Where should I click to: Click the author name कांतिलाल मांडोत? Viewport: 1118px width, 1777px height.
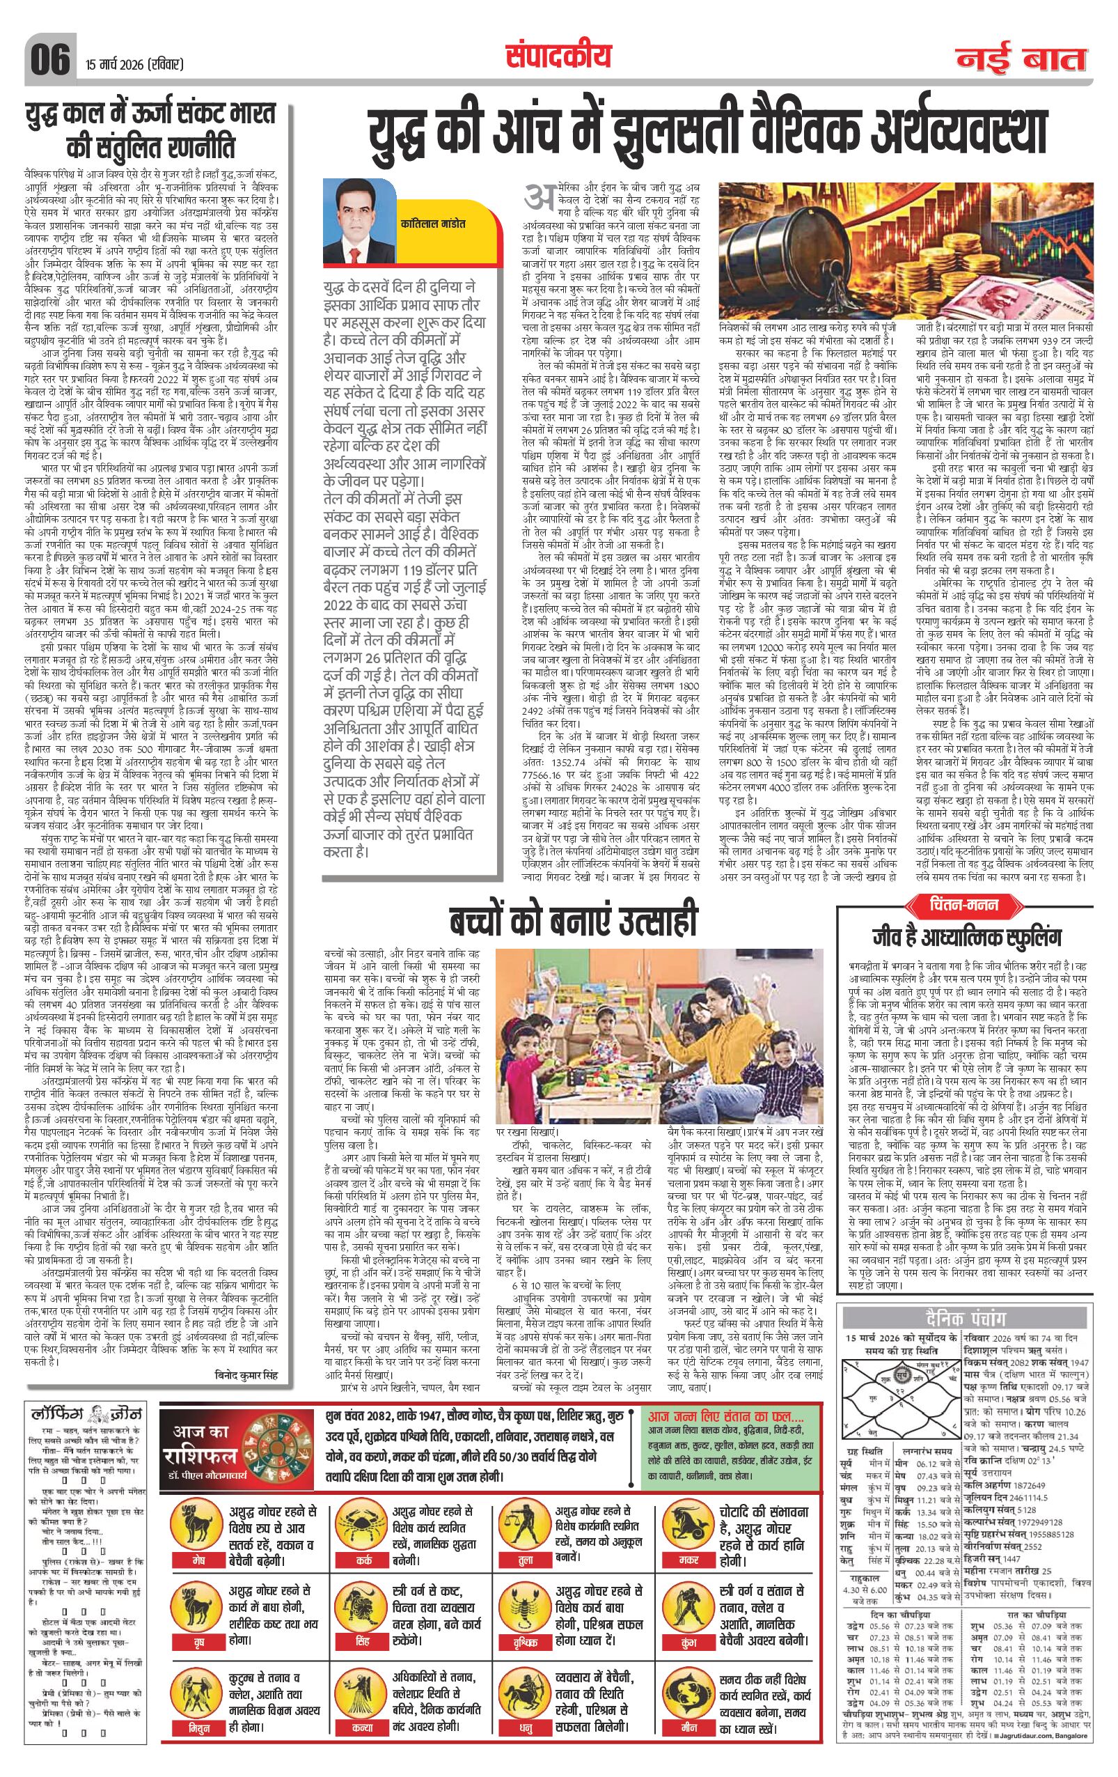coord(434,223)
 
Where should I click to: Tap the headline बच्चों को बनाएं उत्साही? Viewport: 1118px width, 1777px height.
coord(573,923)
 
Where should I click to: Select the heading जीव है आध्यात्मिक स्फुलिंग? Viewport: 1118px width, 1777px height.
coord(967,937)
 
